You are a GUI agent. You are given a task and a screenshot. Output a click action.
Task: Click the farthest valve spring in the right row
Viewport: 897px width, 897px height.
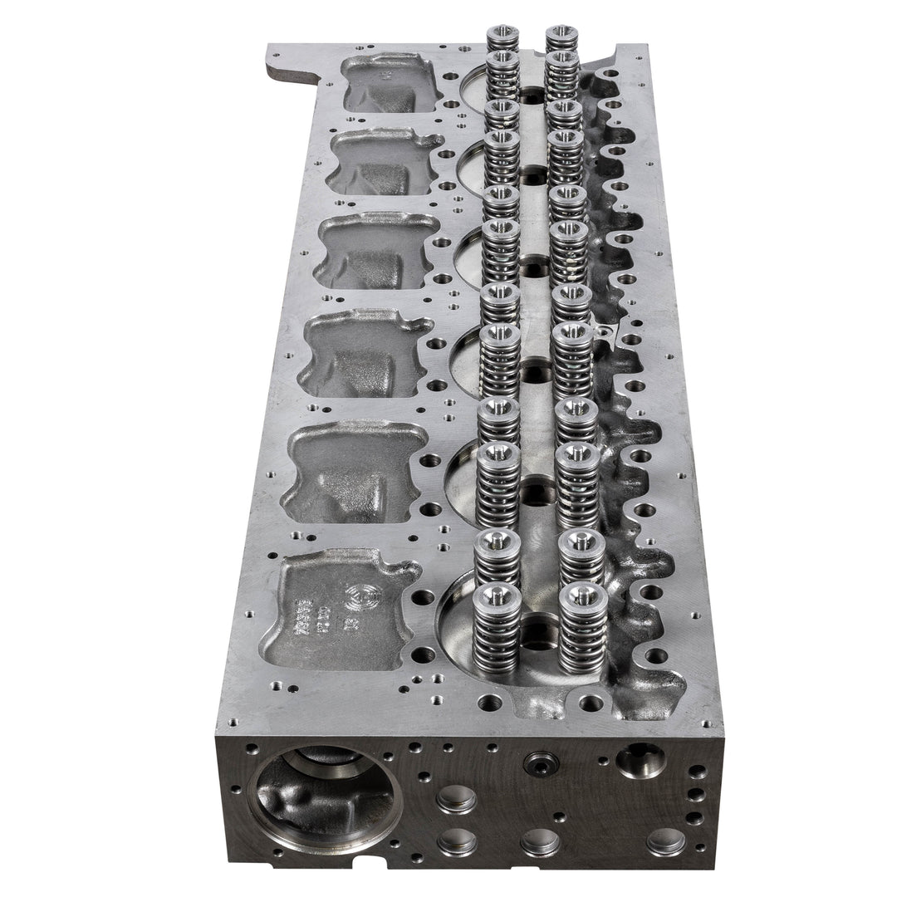point(561,38)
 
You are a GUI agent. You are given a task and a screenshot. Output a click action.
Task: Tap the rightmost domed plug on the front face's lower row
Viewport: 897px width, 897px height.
point(666,841)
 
